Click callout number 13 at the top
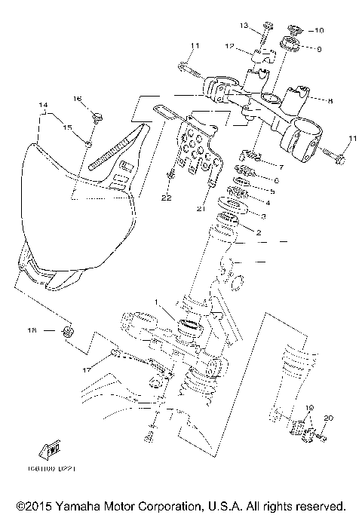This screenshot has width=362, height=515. click(x=265, y=26)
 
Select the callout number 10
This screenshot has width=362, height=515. click(x=318, y=31)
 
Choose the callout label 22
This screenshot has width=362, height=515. click(x=166, y=198)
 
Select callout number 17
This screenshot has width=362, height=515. click(x=87, y=369)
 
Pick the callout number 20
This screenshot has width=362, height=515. click(x=328, y=417)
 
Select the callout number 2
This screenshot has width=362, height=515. click(x=258, y=233)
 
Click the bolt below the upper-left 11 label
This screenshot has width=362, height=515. click(x=189, y=72)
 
